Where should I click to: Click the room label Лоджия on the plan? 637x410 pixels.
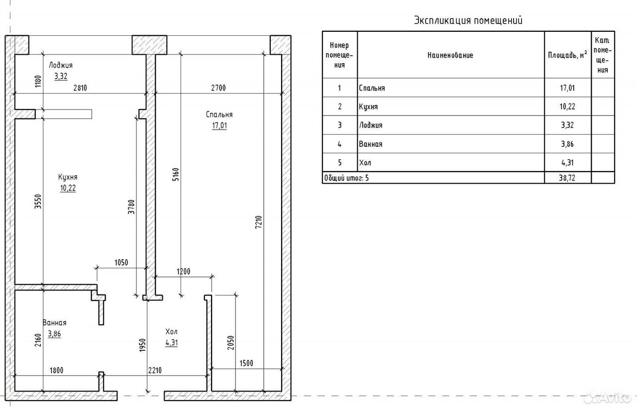[x=61, y=65]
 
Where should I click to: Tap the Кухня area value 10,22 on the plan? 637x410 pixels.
[x=68, y=188]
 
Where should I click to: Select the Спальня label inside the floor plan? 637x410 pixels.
[x=219, y=114]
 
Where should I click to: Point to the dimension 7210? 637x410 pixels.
[x=258, y=222]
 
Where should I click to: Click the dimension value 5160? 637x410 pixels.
[x=176, y=175]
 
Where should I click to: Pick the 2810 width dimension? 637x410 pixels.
[x=80, y=88]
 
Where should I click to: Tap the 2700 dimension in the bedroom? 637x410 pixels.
[x=218, y=88]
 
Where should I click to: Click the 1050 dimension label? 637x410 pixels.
[x=121, y=262]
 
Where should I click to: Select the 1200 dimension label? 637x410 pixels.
[x=184, y=272]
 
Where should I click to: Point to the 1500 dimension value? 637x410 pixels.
[x=246, y=363]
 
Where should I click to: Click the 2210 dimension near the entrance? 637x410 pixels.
[x=155, y=371]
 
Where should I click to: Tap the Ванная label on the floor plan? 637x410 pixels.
[x=54, y=323]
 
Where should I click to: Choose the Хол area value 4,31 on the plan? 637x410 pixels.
[x=172, y=343]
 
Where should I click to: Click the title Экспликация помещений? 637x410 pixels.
[x=468, y=20]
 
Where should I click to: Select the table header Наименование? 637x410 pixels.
[x=450, y=55]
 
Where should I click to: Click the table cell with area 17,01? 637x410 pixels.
[x=567, y=88]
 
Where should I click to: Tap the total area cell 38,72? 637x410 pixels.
[x=567, y=178]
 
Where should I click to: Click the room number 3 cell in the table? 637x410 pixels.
[x=339, y=125]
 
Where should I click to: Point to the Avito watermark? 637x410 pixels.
[x=608, y=398]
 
